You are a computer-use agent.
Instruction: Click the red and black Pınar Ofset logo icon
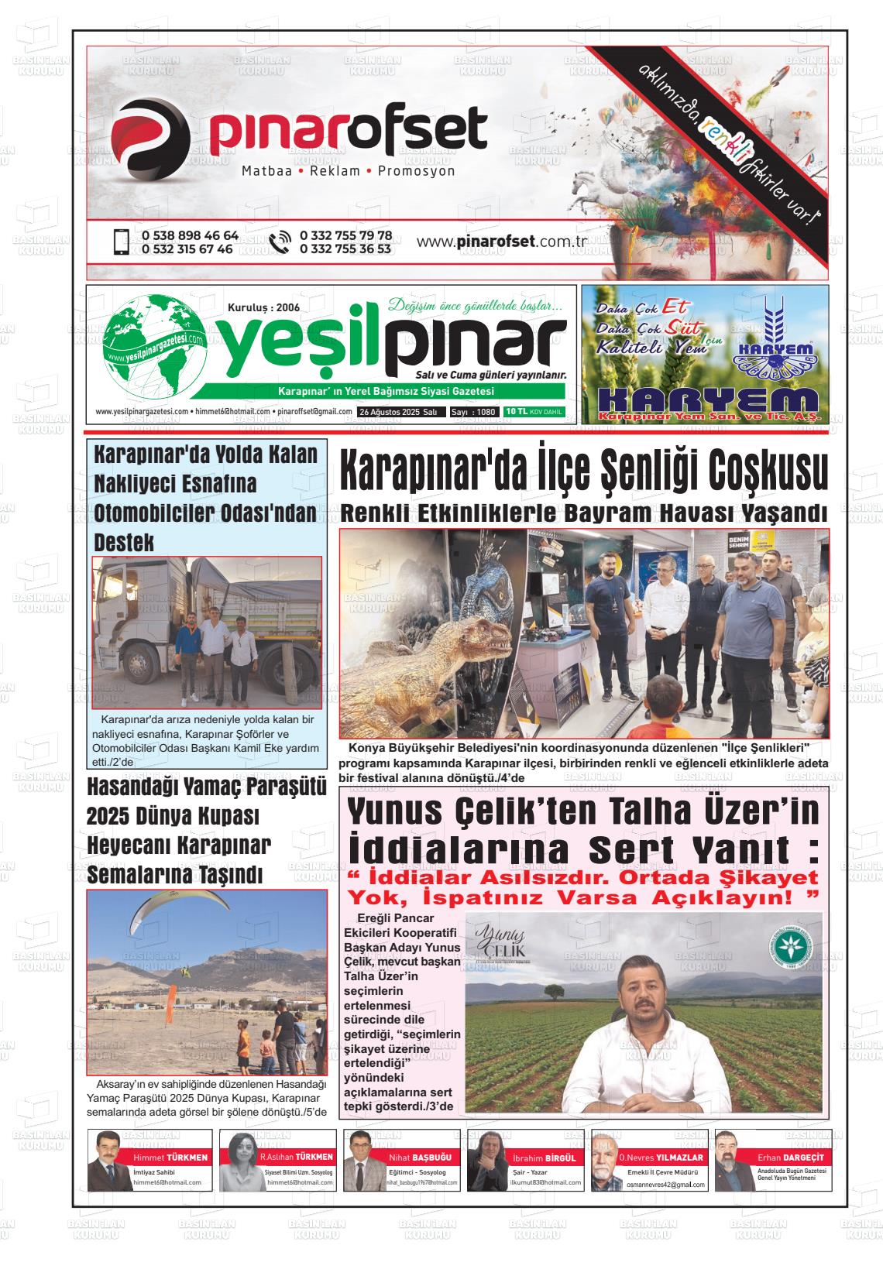pyautogui.click(x=150, y=136)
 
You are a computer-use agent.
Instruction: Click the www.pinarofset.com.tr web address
pyautogui.click(x=501, y=242)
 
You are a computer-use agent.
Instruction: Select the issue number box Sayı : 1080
pyautogui.click(x=474, y=412)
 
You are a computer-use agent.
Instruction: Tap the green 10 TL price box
pyautogui.click(x=533, y=412)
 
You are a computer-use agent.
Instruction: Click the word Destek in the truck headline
pyautogui.click(x=124, y=542)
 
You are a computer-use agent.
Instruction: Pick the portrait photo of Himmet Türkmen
pyautogui.click(x=106, y=1159)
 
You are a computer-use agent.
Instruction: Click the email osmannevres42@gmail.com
pyautogui.click(x=666, y=1185)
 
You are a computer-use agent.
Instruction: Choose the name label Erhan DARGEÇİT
pyautogui.click(x=792, y=1157)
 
